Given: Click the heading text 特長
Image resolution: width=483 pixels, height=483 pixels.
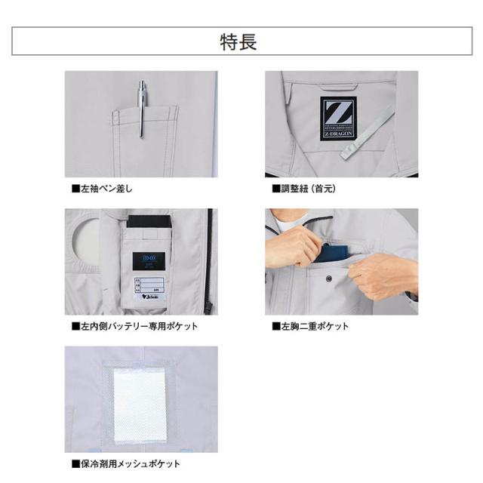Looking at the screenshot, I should [241, 42].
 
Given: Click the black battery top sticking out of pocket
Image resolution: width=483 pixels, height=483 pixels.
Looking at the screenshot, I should [150, 222].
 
